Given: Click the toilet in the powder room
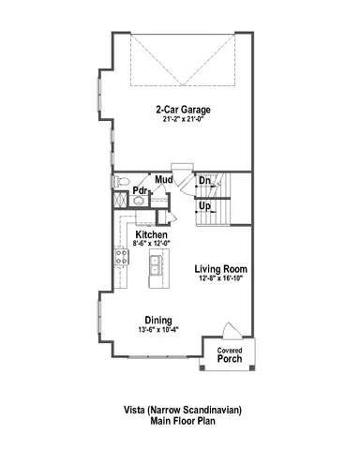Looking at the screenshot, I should (x=121, y=183).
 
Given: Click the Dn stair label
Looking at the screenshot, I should (x=203, y=180).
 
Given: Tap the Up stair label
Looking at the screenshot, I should (x=203, y=203).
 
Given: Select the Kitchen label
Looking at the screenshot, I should (x=151, y=234).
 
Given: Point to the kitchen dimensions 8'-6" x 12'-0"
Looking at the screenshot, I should (x=151, y=244).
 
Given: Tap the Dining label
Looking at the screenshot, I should (x=157, y=321).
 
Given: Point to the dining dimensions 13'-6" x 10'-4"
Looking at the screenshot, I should (x=157, y=330).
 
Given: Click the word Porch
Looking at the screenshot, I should (x=231, y=358).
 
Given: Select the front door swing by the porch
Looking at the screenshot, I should (x=228, y=335).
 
